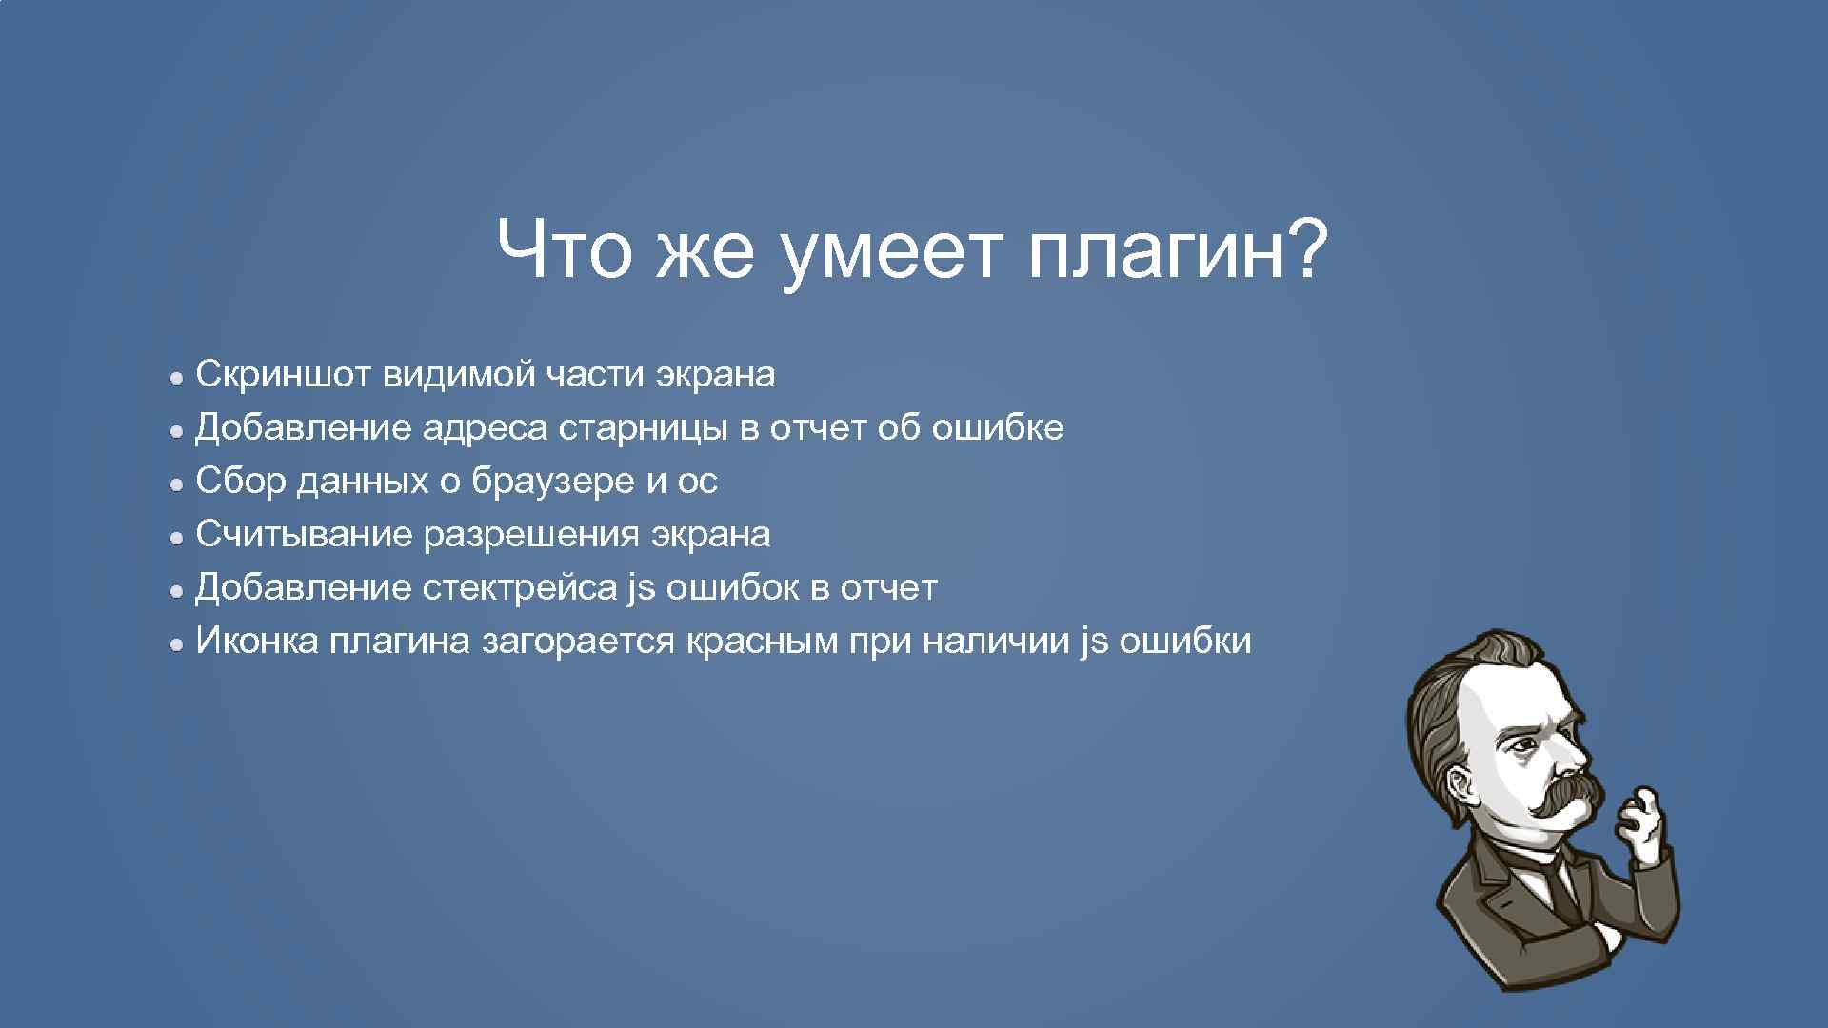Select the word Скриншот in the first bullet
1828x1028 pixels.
pos(283,375)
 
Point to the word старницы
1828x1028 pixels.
pos(645,428)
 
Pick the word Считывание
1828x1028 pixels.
pos(304,535)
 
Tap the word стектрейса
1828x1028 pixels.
pos(519,588)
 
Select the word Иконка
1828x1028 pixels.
pos(256,642)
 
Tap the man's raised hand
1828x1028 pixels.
pos(1644,819)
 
